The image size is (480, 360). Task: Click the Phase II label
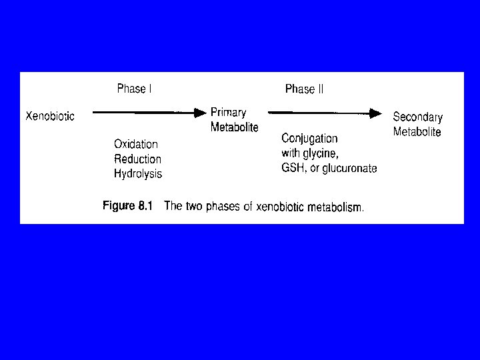(x=304, y=89)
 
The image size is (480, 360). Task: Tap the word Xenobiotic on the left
(x=50, y=116)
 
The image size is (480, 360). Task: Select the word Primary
(x=229, y=113)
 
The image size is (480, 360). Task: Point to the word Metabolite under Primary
(x=235, y=127)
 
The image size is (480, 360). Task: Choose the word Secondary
(x=417, y=117)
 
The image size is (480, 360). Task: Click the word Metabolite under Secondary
(x=417, y=131)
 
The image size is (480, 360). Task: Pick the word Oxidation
(x=136, y=144)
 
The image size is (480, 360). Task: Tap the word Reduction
(x=137, y=159)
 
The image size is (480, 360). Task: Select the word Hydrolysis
(x=138, y=174)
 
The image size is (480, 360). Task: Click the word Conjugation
(x=309, y=139)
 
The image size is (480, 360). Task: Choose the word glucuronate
(x=349, y=168)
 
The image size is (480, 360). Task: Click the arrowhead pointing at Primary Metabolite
(x=201, y=113)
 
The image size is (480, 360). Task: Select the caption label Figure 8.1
(x=127, y=206)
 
